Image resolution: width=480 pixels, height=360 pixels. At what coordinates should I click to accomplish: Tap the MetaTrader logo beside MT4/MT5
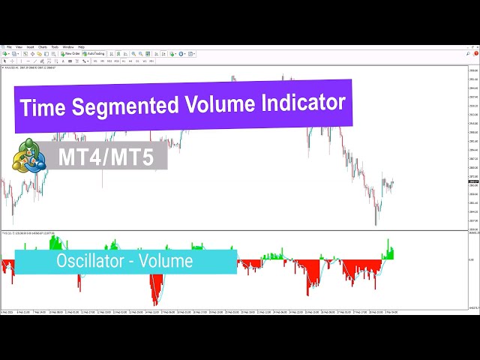pyautogui.click(x=29, y=156)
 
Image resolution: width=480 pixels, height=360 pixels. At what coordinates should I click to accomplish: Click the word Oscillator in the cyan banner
pyautogui.click(x=91, y=262)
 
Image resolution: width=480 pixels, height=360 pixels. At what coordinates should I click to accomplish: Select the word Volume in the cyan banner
pyautogui.click(x=169, y=262)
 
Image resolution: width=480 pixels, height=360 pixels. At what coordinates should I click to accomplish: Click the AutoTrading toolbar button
pyautogui.click(x=95, y=54)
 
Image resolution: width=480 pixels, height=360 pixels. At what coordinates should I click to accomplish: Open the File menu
pyautogui.click(x=8, y=46)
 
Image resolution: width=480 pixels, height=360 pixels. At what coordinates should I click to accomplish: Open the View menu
pyautogui.click(x=18, y=46)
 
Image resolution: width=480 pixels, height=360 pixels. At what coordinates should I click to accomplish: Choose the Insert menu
pyautogui.click(x=30, y=46)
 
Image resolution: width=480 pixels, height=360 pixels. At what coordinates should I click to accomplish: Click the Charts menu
pyautogui.click(x=43, y=46)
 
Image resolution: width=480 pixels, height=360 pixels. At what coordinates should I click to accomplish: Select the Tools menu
pyautogui.click(x=55, y=46)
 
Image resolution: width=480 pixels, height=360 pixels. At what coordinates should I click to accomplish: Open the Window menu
pyautogui.click(x=68, y=46)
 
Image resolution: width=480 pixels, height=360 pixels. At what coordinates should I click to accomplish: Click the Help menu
pyautogui.click(x=81, y=46)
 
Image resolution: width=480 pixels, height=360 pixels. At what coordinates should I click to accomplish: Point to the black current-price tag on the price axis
pyautogui.click(x=473, y=181)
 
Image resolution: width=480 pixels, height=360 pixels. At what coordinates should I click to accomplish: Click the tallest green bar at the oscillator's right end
pyautogui.click(x=388, y=244)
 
